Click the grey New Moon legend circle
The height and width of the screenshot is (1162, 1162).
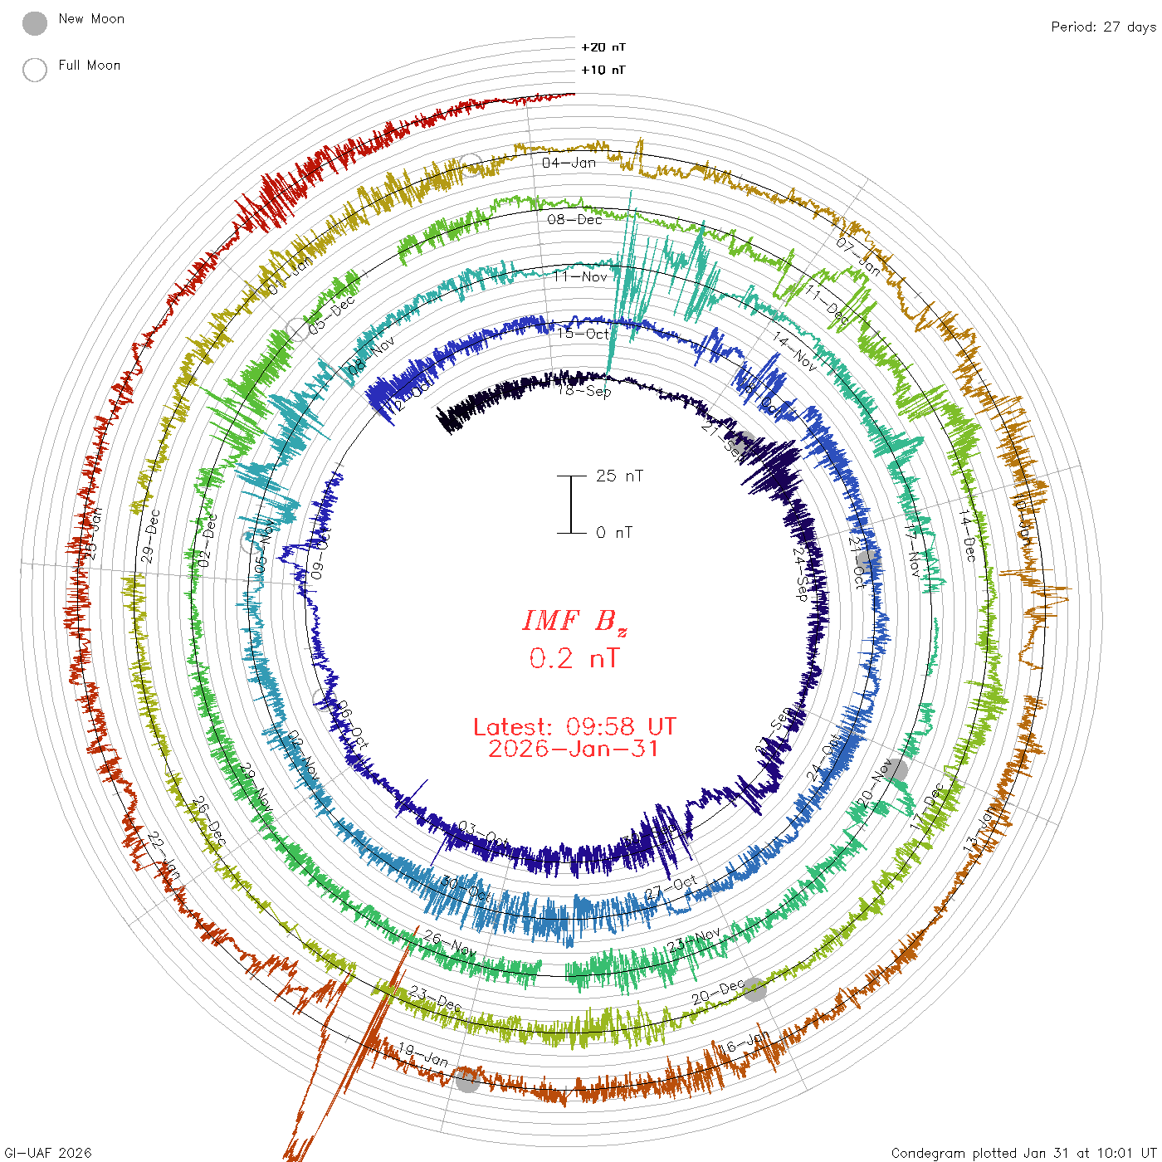tap(35, 23)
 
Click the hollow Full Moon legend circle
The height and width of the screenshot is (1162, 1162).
tap(35, 70)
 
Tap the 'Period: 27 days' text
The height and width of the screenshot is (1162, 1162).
tap(1103, 27)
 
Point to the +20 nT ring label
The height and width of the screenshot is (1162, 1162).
tap(603, 47)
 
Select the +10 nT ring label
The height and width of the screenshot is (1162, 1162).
tap(603, 70)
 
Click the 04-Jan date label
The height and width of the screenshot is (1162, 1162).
tap(569, 163)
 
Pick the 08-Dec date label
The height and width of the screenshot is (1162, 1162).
tap(574, 220)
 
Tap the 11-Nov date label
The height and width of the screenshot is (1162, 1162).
tap(580, 276)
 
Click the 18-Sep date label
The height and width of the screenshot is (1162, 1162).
tap(584, 390)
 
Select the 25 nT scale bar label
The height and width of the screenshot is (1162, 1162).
tap(619, 476)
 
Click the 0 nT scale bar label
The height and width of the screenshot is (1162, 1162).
tap(614, 533)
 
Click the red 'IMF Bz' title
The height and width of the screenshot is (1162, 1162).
tap(574, 621)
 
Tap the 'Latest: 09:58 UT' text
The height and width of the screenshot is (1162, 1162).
tap(574, 727)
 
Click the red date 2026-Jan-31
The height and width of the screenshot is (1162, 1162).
tap(574, 749)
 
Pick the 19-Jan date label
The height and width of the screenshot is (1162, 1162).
tap(423, 1055)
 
